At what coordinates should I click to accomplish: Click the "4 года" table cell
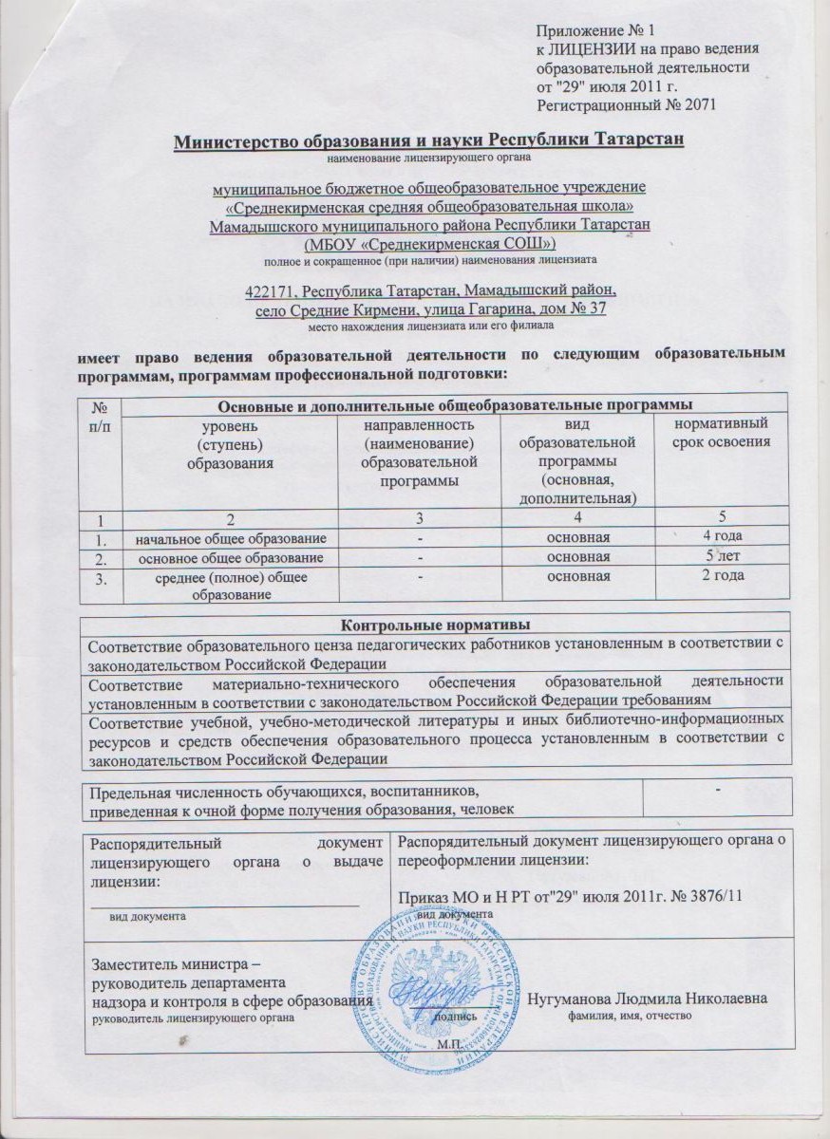(x=720, y=537)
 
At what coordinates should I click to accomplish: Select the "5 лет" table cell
(x=720, y=556)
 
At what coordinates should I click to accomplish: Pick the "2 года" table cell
(x=720, y=575)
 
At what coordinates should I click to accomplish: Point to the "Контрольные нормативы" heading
(x=434, y=624)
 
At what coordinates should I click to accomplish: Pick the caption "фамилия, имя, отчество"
(x=633, y=1017)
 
